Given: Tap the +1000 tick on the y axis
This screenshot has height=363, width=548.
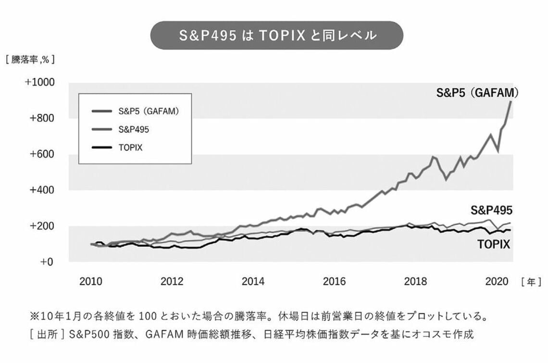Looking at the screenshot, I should pyautogui.click(x=40, y=82).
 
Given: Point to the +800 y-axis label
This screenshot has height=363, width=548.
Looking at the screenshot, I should pyautogui.click(x=42, y=118).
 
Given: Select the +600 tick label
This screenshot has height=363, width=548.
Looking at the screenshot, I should pyautogui.click(x=42, y=154).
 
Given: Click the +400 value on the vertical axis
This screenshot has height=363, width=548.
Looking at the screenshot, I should pyautogui.click(x=42, y=190).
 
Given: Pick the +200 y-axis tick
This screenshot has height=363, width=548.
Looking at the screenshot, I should pyautogui.click(x=42, y=226).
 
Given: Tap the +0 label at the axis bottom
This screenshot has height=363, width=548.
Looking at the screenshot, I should pyautogui.click(x=46, y=262).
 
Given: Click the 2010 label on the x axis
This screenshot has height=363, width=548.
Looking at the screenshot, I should pyautogui.click(x=91, y=281).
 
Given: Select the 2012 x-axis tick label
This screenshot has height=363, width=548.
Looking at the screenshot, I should pyautogui.click(x=172, y=281).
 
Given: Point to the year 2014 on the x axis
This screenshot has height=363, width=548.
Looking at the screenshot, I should pyautogui.click(x=253, y=281).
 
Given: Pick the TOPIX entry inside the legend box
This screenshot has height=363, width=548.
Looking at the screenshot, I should pyautogui.click(x=130, y=148).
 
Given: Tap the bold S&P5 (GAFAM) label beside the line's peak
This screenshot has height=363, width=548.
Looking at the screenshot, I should pyautogui.click(x=473, y=93).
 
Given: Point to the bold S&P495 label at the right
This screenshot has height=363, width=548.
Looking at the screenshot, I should pyautogui.click(x=491, y=210).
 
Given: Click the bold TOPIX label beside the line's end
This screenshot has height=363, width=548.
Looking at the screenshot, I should pyautogui.click(x=494, y=245).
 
